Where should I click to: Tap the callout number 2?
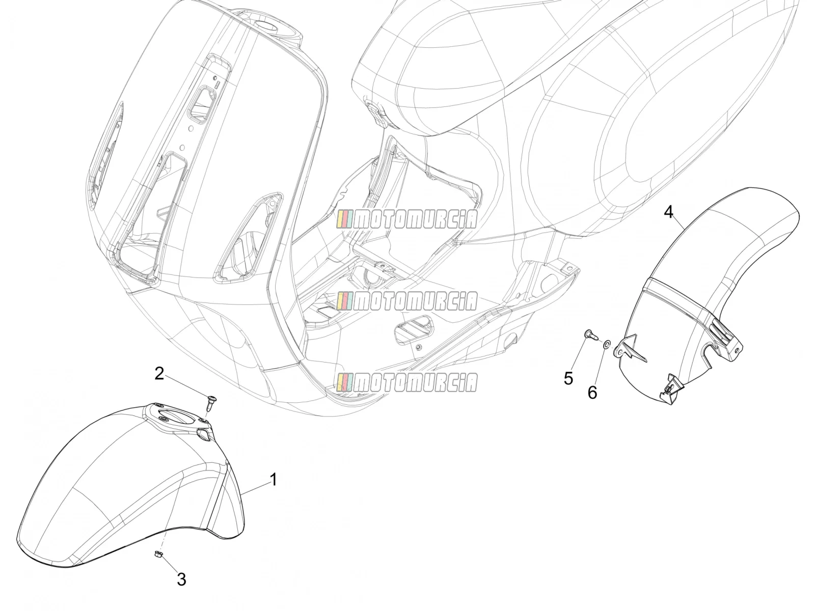(159, 374)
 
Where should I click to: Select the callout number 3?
(181, 579)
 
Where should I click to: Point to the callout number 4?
(668, 212)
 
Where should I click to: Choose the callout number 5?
(568, 379)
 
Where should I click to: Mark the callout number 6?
(592, 393)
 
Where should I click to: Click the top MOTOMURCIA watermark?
(407, 219)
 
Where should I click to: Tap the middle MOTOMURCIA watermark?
(407, 301)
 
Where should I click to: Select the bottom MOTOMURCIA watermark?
(407, 382)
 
